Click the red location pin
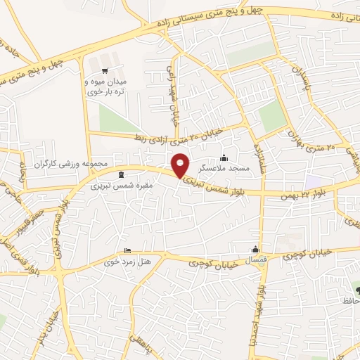coord(181,165)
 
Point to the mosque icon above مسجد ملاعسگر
coord(224,158)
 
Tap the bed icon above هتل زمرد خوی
coord(127,251)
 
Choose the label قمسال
coord(255,261)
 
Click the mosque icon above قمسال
coord(255,249)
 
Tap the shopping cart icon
coord(105,70)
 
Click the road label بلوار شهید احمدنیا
coord(260,309)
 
